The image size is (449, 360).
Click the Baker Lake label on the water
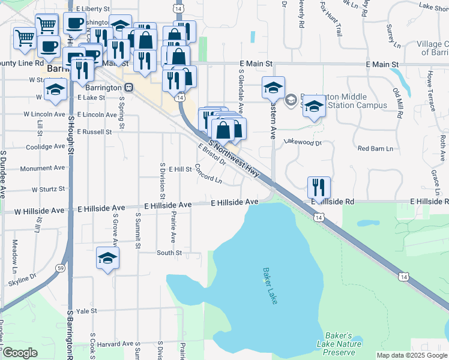point(270,286)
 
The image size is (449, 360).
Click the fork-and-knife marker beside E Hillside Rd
point(319,187)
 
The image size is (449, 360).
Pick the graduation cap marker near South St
point(107,258)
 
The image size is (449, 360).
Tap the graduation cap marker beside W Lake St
point(55,91)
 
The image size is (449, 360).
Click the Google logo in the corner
point(20,353)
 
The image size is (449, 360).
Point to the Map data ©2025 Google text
point(412,355)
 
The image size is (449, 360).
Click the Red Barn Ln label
point(375,148)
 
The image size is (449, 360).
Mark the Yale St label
point(86,311)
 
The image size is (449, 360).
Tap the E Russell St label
point(95,131)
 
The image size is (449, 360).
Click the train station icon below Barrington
point(129,86)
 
